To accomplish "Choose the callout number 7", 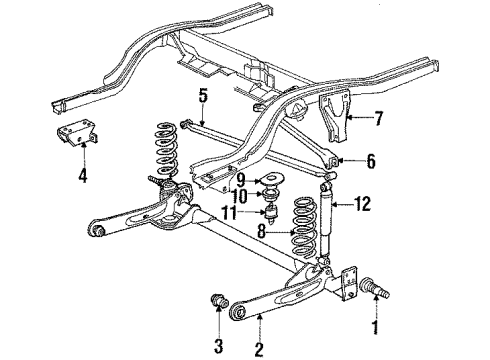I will tap(377, 120).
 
